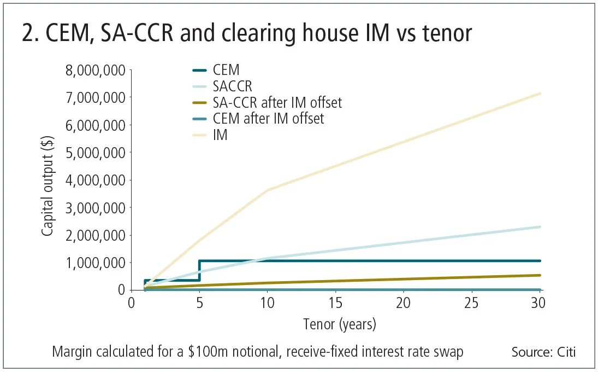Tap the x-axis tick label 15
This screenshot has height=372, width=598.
(335, 303)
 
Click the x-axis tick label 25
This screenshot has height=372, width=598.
(471, 303)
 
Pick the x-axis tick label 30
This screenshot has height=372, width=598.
(540, 303)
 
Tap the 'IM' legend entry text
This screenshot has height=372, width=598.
(220, 135)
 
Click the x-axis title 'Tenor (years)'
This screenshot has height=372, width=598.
(340, 324)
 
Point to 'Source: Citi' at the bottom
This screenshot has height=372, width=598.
(543, 352)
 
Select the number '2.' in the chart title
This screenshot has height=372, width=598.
(31, 34)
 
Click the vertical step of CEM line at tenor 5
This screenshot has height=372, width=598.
(199, 270)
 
